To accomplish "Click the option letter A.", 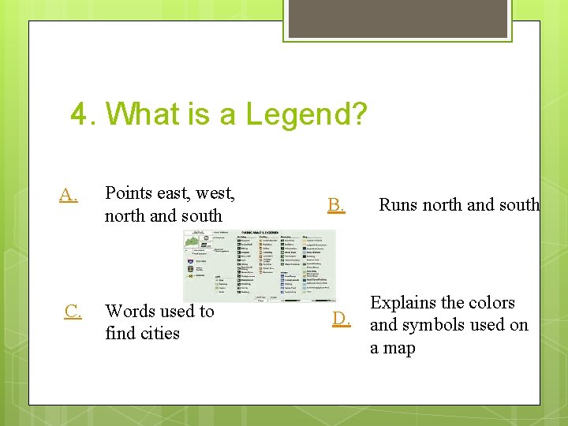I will (68, 193).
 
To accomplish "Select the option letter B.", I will (336, 205).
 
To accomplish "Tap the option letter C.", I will (73, 312).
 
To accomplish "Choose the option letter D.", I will (341, 319).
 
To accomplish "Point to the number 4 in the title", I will (79, 114).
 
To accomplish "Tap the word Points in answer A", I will (129, 192).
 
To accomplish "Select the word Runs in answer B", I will (398, 204).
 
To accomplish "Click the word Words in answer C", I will (130, 311).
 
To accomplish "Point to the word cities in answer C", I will (161, 333).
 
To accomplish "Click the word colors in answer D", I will (491, 302).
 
